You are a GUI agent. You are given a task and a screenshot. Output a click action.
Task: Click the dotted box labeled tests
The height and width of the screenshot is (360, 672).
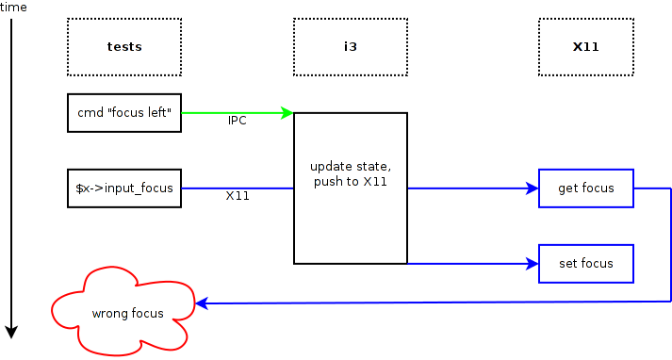click(x=123, y=46)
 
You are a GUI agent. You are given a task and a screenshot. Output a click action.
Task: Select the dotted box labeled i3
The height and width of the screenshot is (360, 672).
click(x=350, y=46)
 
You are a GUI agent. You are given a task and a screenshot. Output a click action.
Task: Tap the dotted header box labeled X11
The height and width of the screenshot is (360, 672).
click(x=585, y=46)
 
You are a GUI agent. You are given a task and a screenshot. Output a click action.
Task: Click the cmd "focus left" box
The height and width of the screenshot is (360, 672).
click(x=123, y=112)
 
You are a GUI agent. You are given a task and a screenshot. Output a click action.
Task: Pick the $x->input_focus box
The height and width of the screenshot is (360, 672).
click(x=123, y=188)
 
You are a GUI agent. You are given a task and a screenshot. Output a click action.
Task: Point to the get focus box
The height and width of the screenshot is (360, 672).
click(x=585, y=188)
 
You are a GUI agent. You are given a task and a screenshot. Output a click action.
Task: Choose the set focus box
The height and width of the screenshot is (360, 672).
click(x=585, y=263)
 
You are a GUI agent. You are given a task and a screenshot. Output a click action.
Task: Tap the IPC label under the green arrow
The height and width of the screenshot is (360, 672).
click(x=238, y=121)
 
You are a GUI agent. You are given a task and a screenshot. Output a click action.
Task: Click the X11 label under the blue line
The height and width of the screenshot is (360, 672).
click(x=238, y=196)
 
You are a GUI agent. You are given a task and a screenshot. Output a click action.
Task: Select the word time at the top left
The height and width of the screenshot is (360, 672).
click(x=14, y=8)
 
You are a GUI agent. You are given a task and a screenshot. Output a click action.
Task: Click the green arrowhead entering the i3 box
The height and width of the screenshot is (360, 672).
click(x=287, y=112)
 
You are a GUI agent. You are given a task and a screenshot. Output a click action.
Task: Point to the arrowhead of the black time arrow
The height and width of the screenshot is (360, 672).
click(x=11, y=331)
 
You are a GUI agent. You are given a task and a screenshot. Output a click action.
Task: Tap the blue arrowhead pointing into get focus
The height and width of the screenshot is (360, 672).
click(x=533, y=188)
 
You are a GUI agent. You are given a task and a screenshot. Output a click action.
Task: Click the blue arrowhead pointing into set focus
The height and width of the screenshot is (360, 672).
click(x=533, y=263)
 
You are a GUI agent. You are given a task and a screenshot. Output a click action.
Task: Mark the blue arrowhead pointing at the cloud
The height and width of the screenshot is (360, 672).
click(x=200, y=302)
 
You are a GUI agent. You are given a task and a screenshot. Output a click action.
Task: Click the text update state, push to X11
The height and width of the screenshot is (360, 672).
click(x=350, y=173)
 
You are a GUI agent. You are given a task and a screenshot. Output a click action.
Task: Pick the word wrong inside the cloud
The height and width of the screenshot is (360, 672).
click(x=107, y=313)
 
